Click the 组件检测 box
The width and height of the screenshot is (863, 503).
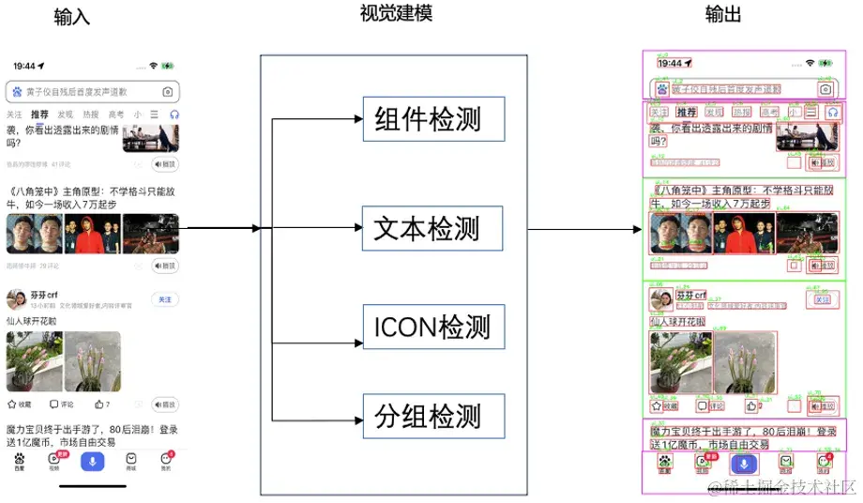433,119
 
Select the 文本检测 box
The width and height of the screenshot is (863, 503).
432,229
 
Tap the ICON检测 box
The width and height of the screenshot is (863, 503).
432,327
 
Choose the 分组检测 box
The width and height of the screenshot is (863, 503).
432,417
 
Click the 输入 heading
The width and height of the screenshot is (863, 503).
72,18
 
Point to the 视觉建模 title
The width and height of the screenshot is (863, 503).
396,13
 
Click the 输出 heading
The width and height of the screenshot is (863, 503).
723,15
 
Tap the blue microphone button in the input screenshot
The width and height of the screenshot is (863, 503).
92,460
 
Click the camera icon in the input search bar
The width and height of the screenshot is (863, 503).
167,92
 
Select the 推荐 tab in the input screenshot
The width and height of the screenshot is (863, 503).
39,114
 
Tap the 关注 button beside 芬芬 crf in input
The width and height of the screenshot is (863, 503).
164,299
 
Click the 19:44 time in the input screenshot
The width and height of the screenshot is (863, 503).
24,67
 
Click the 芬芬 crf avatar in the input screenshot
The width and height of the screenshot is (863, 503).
15,299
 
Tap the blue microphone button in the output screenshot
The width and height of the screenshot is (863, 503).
743,463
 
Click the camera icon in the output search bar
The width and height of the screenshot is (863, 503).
825,89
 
